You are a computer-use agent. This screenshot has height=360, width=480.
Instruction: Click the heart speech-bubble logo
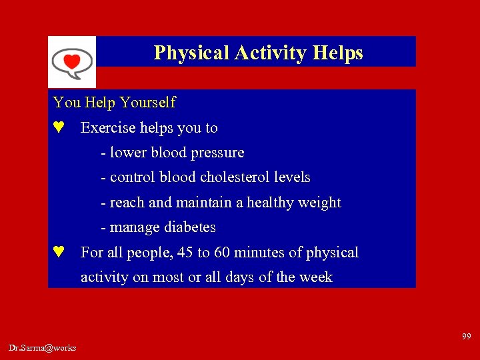(72, 62)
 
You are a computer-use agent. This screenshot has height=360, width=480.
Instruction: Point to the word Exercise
(108, 127)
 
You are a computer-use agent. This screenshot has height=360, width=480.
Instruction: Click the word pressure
(217, 153)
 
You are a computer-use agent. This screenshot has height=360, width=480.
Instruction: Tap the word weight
(320, 203)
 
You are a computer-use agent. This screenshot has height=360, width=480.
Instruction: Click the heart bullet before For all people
(59, 253)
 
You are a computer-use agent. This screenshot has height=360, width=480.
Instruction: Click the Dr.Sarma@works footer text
(43, 347)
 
